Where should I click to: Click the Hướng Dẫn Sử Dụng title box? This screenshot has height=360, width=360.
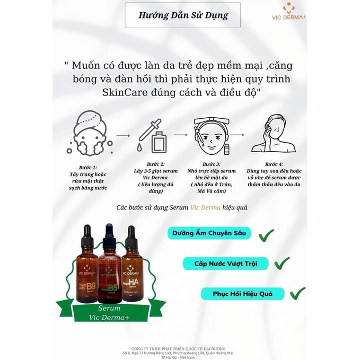[x=182, y=15]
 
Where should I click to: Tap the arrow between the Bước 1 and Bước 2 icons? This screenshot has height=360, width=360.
[x=122, y=136]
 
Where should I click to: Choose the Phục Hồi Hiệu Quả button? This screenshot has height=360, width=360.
[x=242, y=294]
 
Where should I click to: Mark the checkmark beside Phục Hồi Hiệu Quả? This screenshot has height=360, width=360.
[x=296, y=293]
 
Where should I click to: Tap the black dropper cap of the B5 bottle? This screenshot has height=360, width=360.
[x=109, y=233]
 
